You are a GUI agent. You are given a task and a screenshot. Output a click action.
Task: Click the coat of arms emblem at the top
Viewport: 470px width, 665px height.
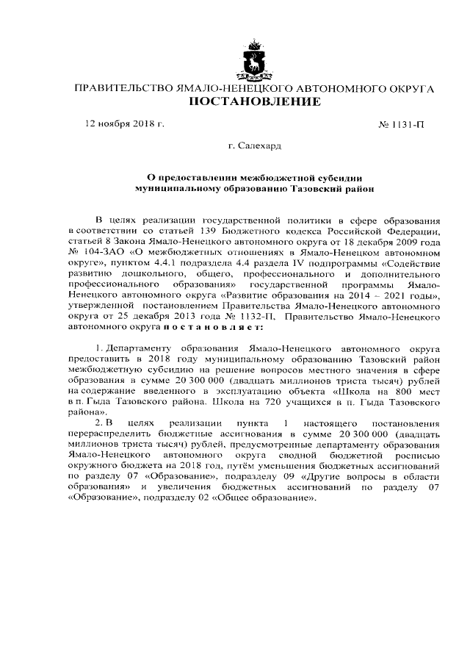click(254, 62)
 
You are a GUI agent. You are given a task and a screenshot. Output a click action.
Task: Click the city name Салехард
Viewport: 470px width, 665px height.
click(260, 147)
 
